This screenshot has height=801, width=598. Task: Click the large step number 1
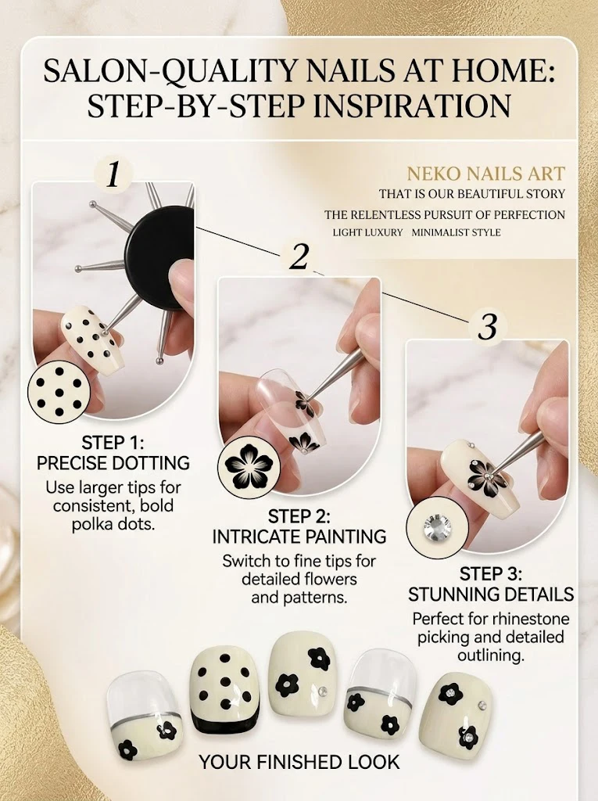point(113,174)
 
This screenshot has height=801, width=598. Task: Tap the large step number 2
point(299,257)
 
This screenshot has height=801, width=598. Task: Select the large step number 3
point(488,326)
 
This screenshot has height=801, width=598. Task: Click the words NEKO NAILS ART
point(485,174)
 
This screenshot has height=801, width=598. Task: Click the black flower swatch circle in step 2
point(249,464)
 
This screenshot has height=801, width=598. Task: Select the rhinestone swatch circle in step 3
point(437,527)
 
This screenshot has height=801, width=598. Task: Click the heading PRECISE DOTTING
point(113,463)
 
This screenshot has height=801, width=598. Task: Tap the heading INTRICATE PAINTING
point(299,537)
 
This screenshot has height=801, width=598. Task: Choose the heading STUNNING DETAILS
point(491,594)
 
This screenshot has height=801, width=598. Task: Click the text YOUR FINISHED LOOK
point(299,762)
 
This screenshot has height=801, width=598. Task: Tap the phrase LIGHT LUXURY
point(367,232)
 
